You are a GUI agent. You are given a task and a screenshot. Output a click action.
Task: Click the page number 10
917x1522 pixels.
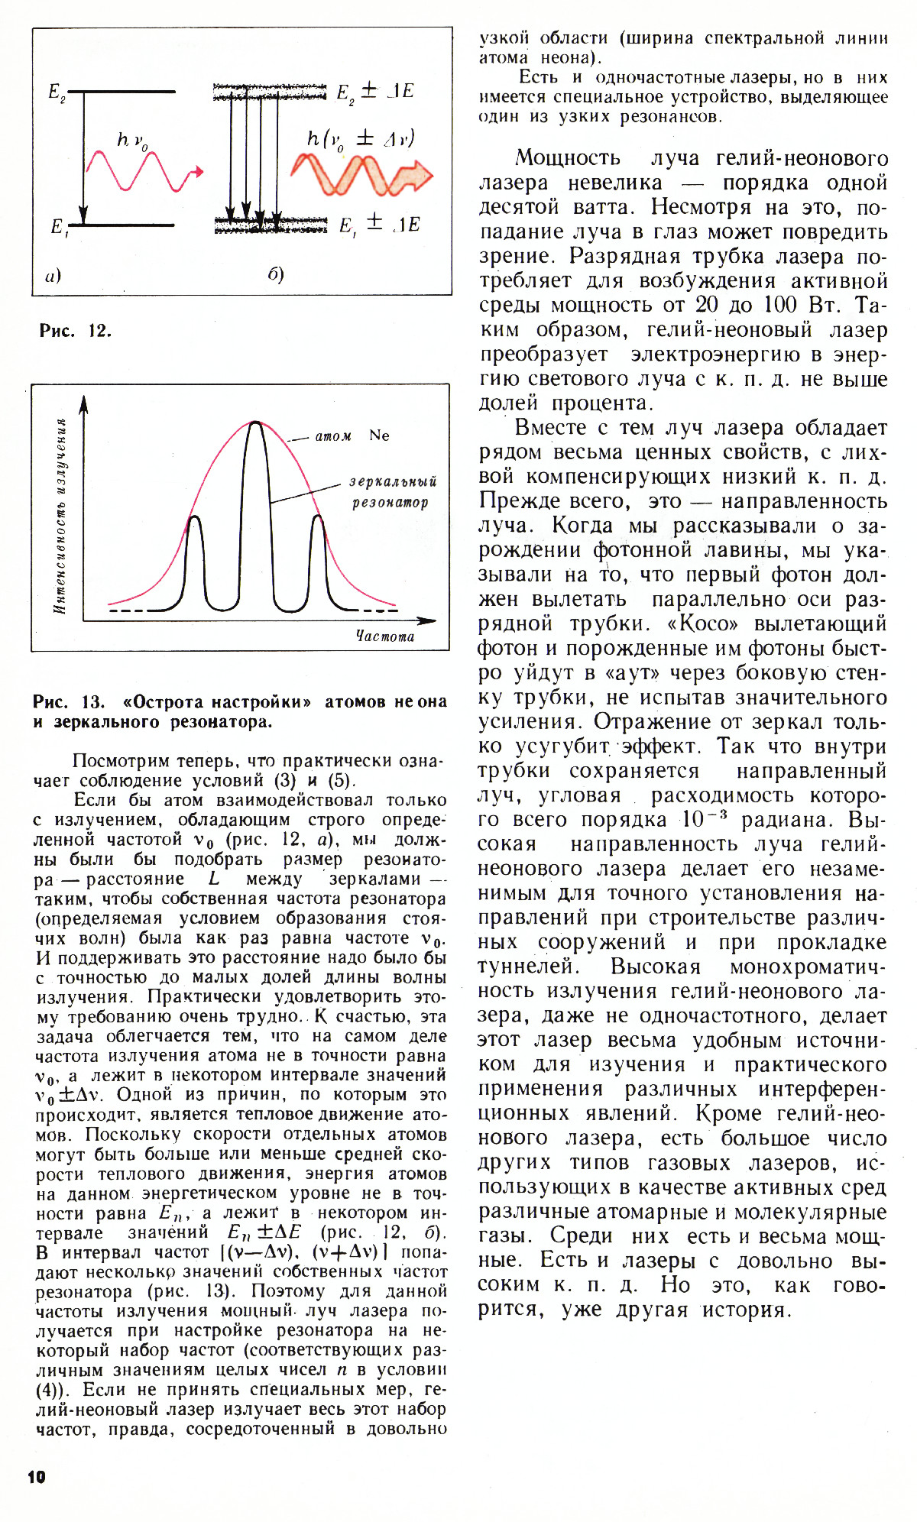pyautogui.click(x=37, y=1477)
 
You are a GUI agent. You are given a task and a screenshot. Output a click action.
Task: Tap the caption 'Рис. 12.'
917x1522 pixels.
pyautogui.click(x=75, y=331)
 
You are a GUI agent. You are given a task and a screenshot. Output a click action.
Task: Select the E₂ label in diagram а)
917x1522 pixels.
pyautogui.click(x=57, y=92)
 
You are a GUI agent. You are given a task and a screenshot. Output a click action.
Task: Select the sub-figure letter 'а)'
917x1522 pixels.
pyautogui.click(x=53, y=276)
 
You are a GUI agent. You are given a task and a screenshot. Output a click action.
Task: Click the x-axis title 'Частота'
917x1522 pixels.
pyautogui.click(x=385, y=636)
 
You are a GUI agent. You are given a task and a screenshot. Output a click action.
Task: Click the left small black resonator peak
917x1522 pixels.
pyautogui.click(x=196, y=520)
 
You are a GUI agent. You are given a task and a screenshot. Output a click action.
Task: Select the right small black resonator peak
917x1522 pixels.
pyautogui.click(x=317, y=520)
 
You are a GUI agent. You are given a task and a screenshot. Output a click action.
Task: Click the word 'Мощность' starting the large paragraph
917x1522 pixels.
pyautogui.click(x=568, y=157)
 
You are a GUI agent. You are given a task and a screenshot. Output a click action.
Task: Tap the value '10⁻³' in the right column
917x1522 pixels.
pyautogui.click(x=703, y=819)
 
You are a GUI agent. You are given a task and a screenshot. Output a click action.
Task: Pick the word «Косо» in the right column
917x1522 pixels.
pyautogui.click(x=703, y=623)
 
